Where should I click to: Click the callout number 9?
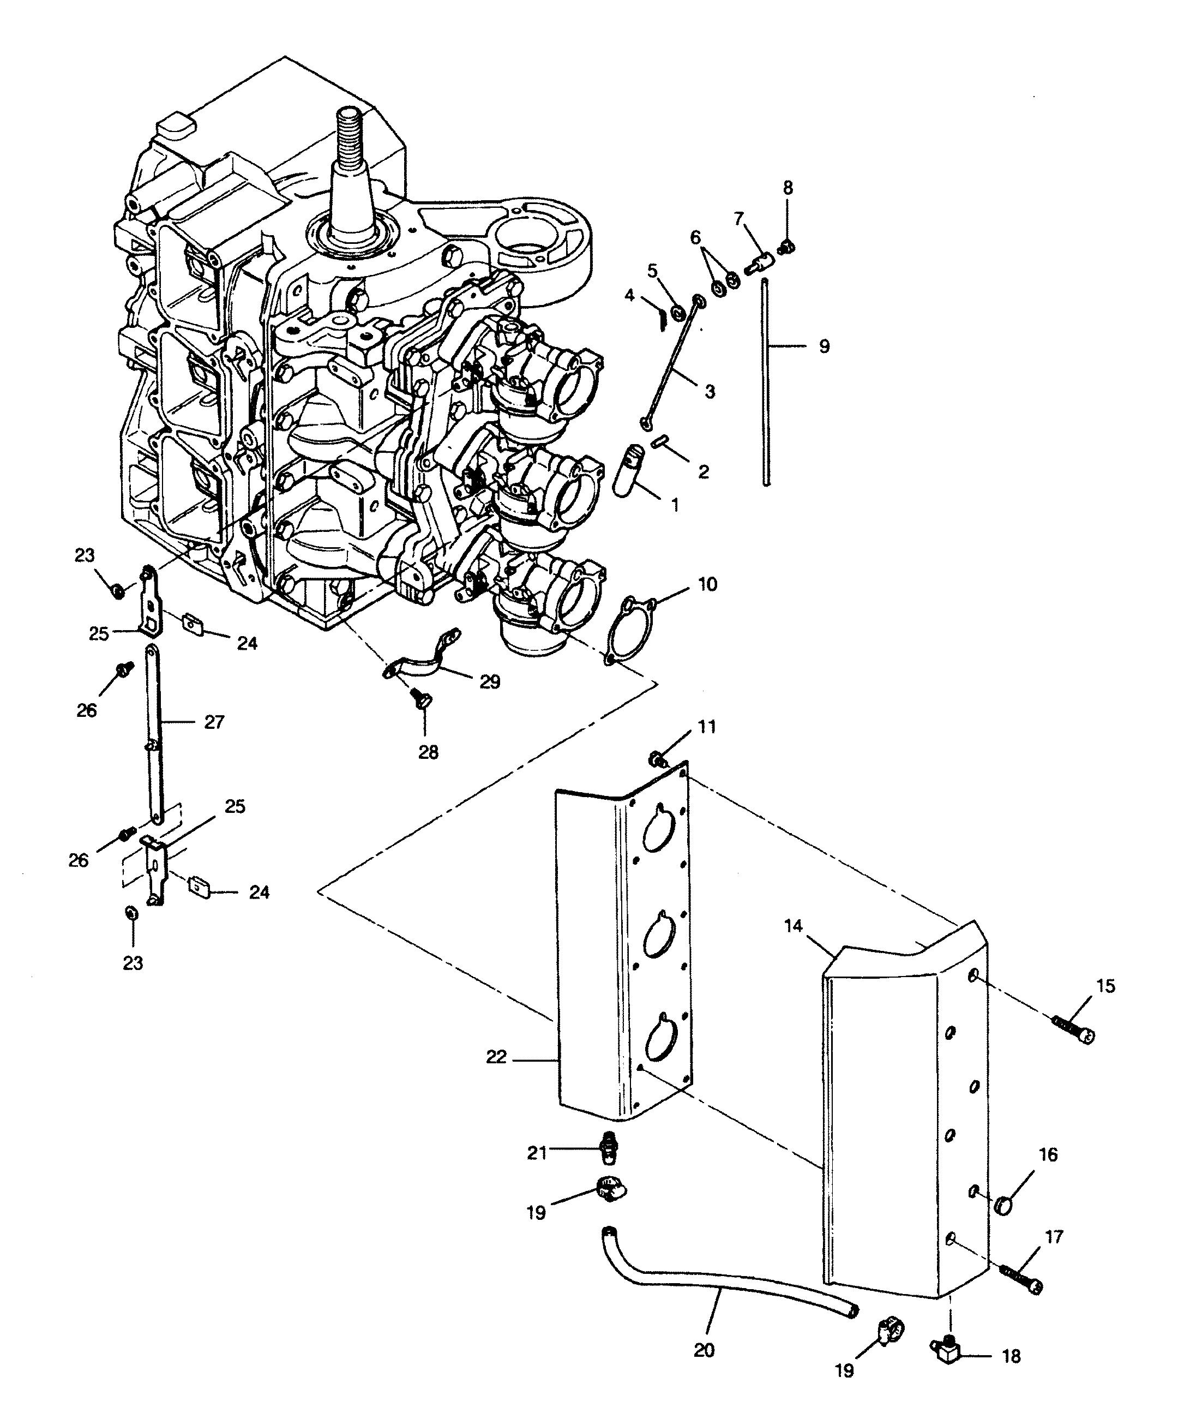pyautogui.click(x=824, y=346)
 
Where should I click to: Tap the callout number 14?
pyautogui.click(x=794, y=926)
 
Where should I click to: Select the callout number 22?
pyautogui.click(x=496, y=1057)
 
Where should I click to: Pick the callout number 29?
pyautogui.click(x=490, y=682)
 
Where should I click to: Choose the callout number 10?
pyautogui.click(x=707, y=584)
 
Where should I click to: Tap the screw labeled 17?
pyautogui.click(x=1020, y=1279)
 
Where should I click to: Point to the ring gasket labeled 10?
pyautogui.click(x=632, y=628)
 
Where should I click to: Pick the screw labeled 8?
pyautogui.click(x=785, y=246)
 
